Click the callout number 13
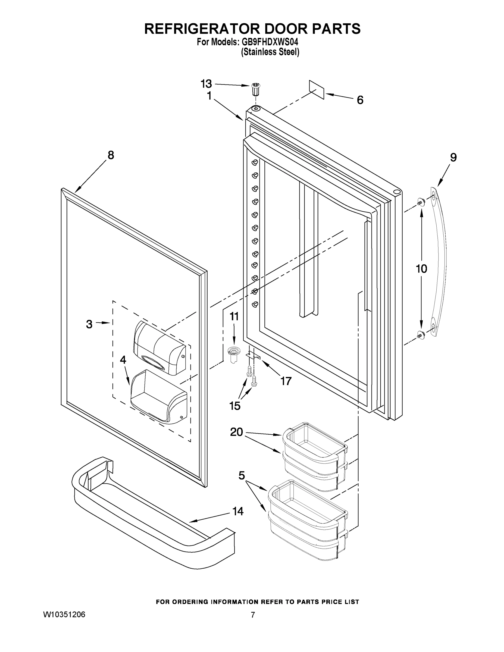(206, 84)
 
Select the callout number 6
(360, 100)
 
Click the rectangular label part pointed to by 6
(317, 89)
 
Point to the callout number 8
(111, 155)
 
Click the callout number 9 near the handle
(453, 157)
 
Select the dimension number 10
(421, 269)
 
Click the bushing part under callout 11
(233, 354)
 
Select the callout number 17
(286, 381)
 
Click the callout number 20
(236, 432)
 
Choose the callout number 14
(238, 511)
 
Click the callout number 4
(123, 360)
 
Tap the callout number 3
(89, 324)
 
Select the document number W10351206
(64, 615)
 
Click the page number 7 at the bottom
(253, 615)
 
